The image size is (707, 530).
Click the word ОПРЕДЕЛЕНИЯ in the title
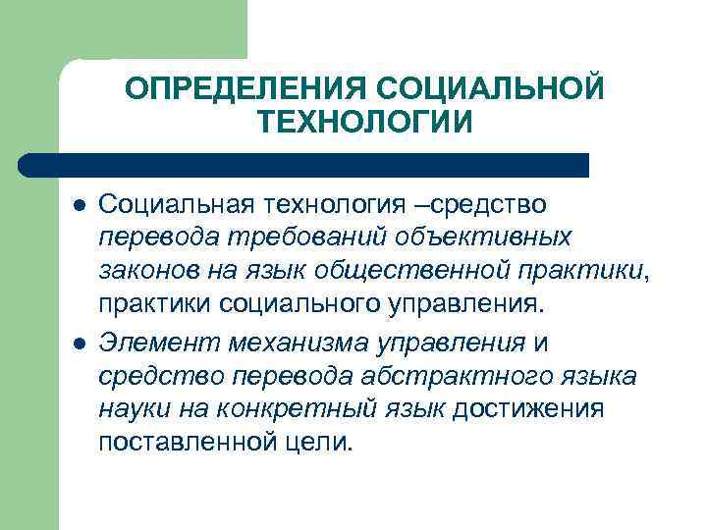245,89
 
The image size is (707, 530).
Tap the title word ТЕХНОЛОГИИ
365,123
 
